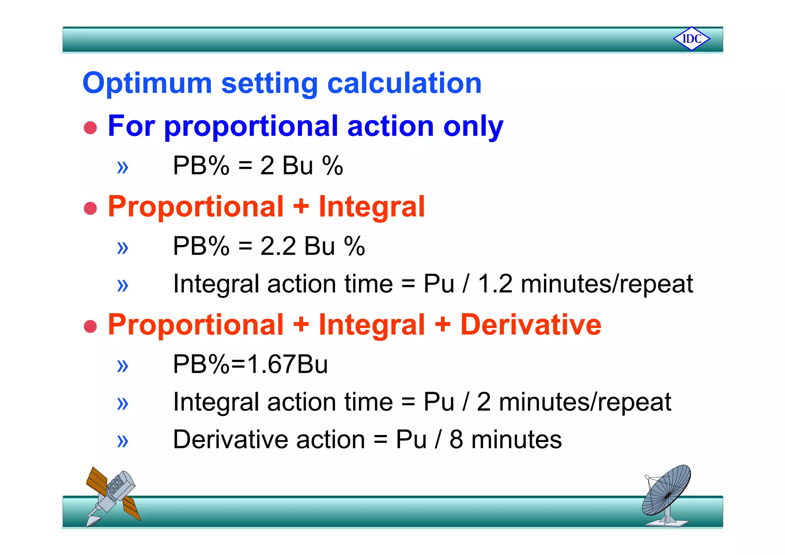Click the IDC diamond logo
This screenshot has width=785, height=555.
(x=691, y=39)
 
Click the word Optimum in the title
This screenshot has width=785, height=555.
(x=147, y=83)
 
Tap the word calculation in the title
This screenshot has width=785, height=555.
(x=404, y=83)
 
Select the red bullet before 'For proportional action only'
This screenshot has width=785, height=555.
(x=90, y=128)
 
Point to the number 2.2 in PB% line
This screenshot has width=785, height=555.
(x=278, y=246)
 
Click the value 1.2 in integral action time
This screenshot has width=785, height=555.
(x=495, y=284)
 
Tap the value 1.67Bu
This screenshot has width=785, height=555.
(x=287, y=364)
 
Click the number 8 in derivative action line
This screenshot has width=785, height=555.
(x=456, y=440)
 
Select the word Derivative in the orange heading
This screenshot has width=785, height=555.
(x=530, y=325)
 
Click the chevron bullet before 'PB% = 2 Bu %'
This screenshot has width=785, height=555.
(x=123, y=167)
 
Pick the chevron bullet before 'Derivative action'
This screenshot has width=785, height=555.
(x=123, y=441)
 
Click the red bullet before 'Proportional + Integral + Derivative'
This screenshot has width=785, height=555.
(x=90, y=327)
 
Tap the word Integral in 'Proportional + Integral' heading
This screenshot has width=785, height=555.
(x=372, y=207)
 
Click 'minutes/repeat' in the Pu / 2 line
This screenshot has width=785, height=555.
(x=585, y=402)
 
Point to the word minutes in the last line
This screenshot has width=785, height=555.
(x=516, y=440)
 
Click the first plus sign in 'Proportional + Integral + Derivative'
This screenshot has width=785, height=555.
(x=301, y=325)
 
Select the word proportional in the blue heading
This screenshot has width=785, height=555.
(x=251, y=126)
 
